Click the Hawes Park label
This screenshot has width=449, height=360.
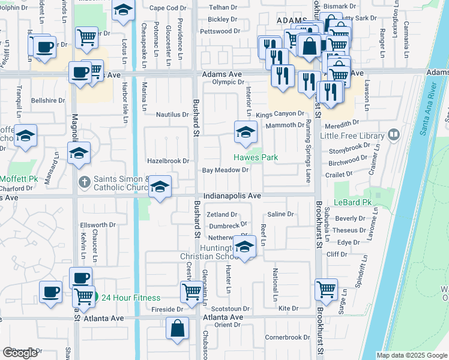click(256, 157)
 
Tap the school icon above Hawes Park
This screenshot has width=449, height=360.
click(245, 133)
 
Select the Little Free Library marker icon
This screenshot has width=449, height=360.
click(393, 134)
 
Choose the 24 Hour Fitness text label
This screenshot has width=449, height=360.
click(130, 298)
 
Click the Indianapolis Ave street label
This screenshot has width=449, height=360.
click(232, 196)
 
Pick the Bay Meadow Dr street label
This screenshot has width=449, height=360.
click(225, 170)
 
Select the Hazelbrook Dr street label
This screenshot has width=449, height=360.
click(168, 161)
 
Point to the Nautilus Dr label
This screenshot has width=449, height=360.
click(172, 114)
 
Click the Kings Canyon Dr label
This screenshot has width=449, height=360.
click(280, 114)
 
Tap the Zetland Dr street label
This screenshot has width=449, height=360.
click(222, 214)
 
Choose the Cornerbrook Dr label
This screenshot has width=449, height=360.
click(287, 337)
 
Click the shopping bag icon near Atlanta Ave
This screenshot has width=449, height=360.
click(178, 329)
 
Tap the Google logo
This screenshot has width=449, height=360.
click(20, 353)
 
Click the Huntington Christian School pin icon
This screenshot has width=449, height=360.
click(244, 247)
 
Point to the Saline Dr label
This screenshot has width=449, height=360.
click(280, 214)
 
